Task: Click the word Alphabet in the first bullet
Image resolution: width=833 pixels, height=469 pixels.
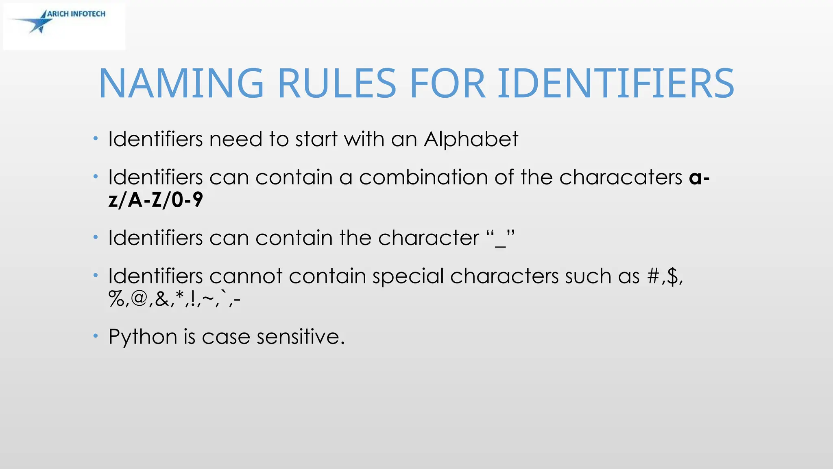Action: click(471, 139)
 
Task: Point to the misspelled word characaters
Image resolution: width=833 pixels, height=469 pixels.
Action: click(621, 178)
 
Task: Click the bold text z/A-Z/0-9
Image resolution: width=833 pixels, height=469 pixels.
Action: click(155, 200)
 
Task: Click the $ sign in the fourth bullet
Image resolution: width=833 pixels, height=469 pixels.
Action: click(672, 276)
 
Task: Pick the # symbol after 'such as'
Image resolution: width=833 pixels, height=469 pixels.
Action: click(653, 276)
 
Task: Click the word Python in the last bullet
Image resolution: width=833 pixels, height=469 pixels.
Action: click(143, 337)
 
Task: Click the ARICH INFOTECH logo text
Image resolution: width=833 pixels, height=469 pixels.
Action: click(76, 14)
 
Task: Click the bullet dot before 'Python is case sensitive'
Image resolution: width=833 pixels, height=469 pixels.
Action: click(95, 336)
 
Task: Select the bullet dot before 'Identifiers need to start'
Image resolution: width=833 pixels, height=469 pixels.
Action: click(95, 139)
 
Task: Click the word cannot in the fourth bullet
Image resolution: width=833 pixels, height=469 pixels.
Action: click(246, 276)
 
